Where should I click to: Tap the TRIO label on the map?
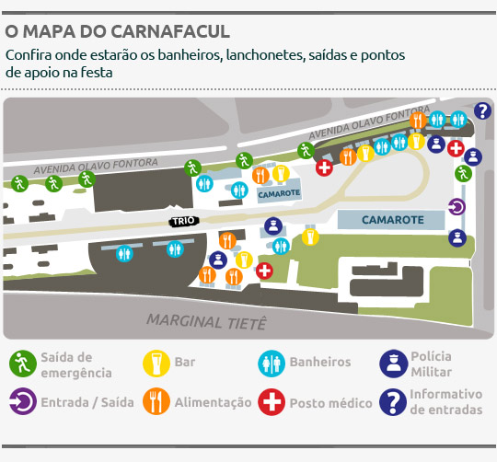[x=181, y=222]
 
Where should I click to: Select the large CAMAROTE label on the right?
[x=393, y=220]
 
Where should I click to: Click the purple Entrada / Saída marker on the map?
[x=457, y=207]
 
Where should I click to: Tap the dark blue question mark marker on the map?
[x=483, y=111]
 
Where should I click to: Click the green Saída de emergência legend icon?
[x=22, y=364]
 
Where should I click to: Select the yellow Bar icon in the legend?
[x=156, y=364]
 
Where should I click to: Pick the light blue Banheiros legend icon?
[x=272, y=364]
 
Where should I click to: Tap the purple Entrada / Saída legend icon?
[x=22, y=402]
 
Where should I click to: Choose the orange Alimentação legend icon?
[x=156, y=402]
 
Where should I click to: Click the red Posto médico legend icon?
[x=272, y=402]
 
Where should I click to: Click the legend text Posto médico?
[x=330, y=403]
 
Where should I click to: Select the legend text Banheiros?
[x=319, y=363]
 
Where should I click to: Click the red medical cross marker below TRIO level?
[x=264, y=271]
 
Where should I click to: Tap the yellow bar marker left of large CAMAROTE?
[x=309, y=238]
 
